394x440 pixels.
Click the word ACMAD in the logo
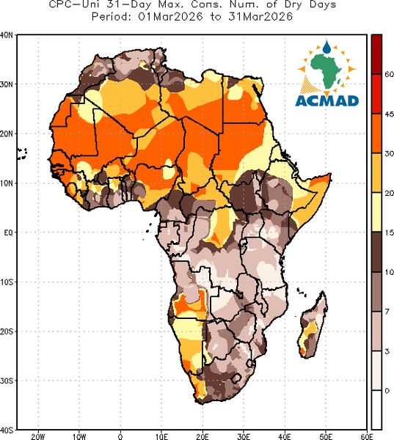coord(327,100)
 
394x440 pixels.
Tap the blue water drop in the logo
coord(326,47)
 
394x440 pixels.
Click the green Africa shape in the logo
coord(326,70)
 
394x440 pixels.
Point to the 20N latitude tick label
coord(6,133)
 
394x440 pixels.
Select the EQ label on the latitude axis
coord(8,232)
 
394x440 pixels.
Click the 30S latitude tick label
coord(6,381)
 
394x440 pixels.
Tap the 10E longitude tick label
coord(161,436)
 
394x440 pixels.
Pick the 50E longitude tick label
coord(326,436)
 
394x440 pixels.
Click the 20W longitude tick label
coord(38,436)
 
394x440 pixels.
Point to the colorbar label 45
coord(389,114)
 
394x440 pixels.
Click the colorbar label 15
coord(389,232)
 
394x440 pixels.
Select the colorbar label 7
coord(387,312)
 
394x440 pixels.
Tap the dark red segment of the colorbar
coord(376,54)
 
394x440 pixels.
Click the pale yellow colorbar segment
coord(376,212)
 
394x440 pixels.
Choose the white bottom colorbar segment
coord(376,410)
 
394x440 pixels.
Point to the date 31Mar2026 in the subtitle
coord(260,17)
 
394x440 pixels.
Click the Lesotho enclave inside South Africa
coord(236,378)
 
